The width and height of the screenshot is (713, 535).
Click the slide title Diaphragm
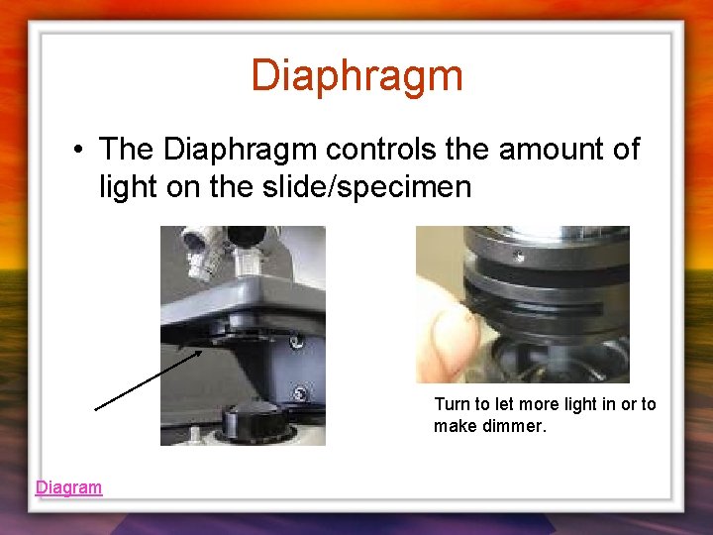point(356,75)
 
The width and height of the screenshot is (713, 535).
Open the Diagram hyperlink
point(68,486)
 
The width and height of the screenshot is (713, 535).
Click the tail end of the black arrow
point(97,407)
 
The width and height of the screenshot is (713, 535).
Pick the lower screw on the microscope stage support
point(298,393)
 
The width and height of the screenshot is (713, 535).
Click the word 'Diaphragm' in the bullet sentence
point(239,151)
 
